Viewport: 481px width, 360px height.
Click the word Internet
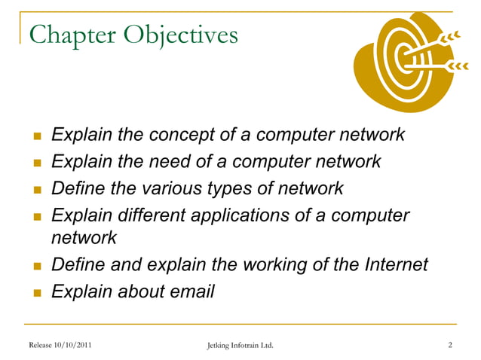point(391,264)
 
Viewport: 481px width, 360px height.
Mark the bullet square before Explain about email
point(35,291)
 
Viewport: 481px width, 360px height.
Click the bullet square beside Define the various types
point(35,189)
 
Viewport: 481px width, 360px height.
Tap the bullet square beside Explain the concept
point(35,136)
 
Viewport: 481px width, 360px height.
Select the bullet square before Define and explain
point(35,265)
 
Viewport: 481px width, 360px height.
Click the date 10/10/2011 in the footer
point(74,345)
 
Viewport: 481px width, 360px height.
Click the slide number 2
point(449,345)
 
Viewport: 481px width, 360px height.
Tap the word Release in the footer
point(41,345)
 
